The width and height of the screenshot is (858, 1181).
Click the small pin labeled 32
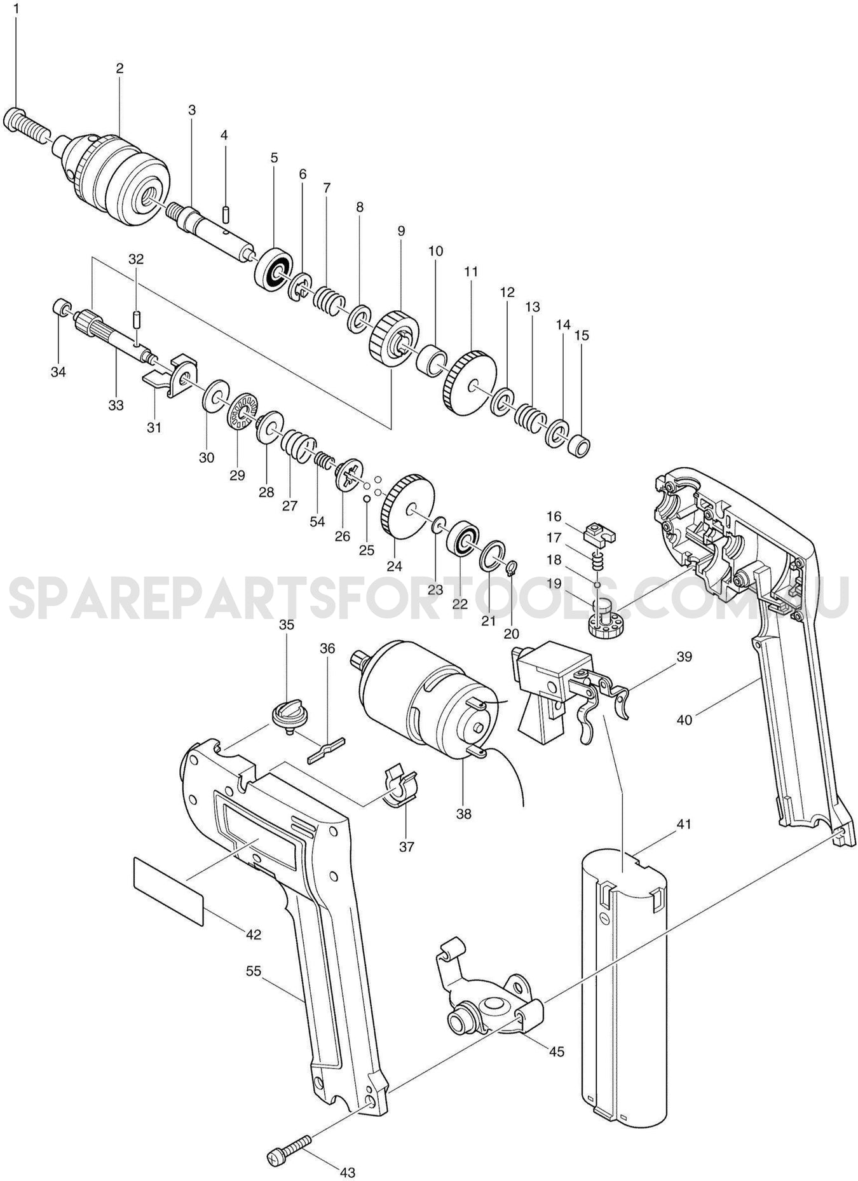[135, 318]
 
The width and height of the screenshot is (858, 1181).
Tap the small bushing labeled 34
[60, 308]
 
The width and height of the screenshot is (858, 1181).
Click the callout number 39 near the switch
[684, 656]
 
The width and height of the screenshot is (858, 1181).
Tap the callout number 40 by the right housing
[684, 720]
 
